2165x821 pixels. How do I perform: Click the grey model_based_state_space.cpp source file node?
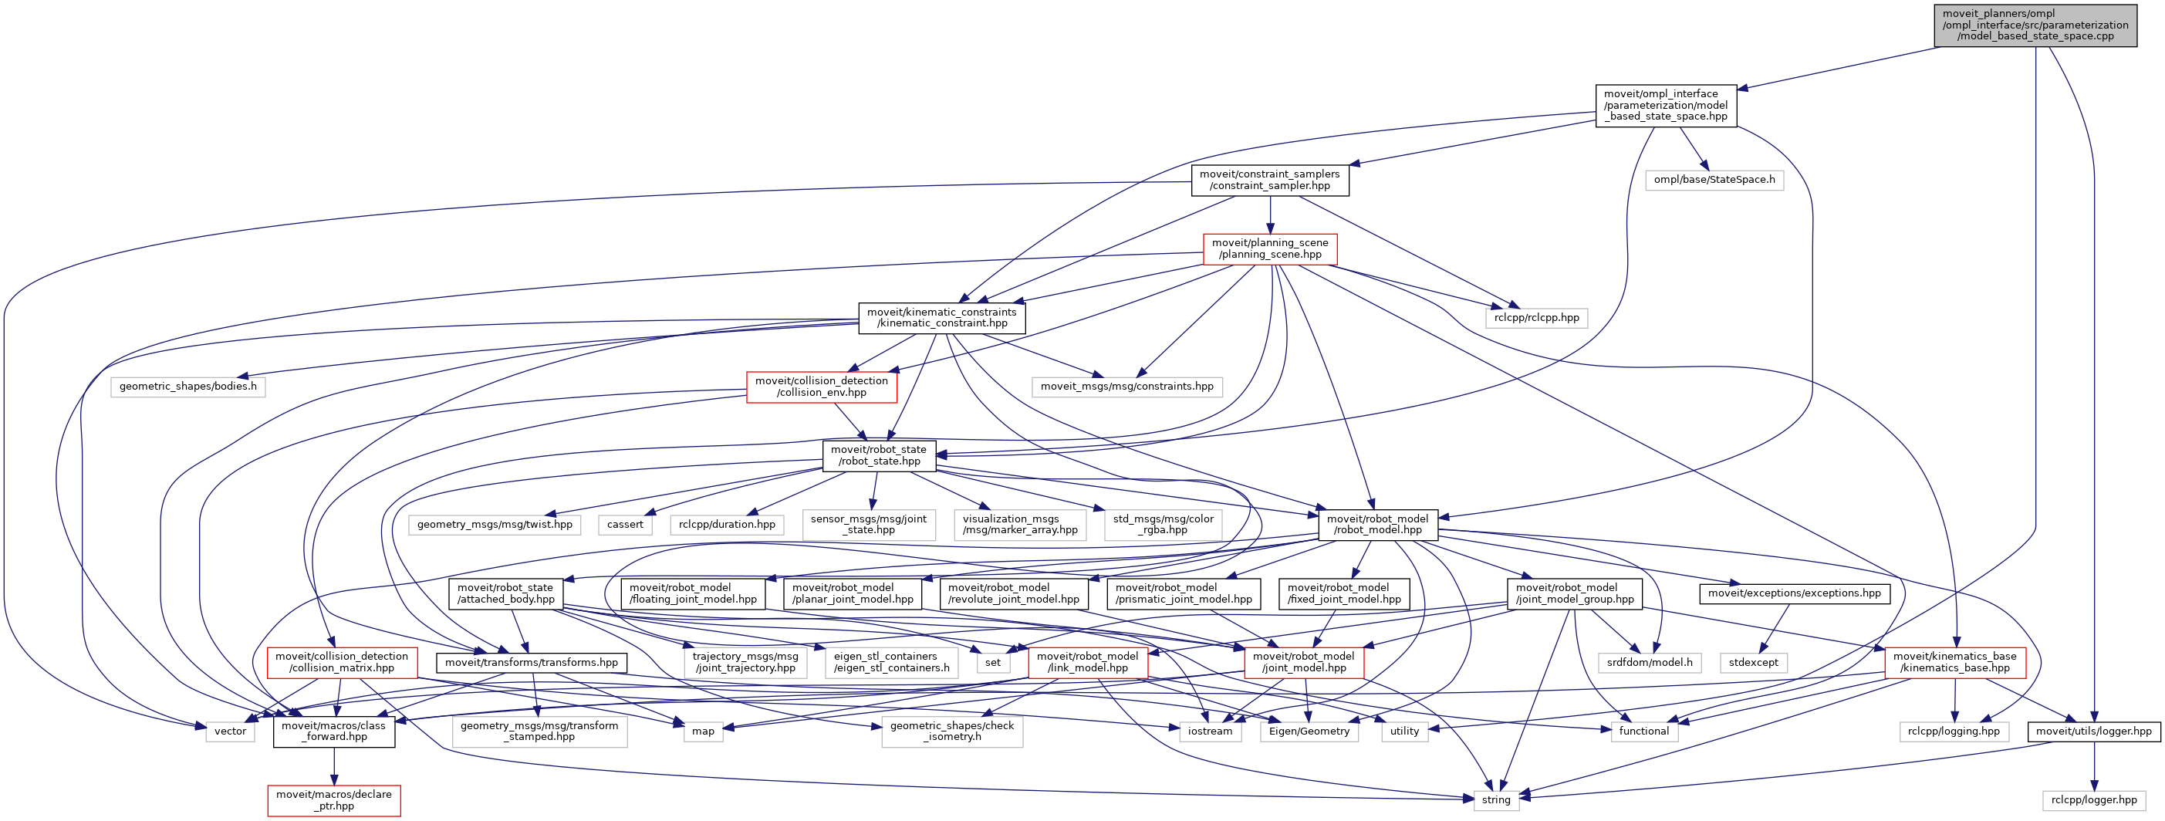[2035, 25]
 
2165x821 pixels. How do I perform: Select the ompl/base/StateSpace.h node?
[1714, 180]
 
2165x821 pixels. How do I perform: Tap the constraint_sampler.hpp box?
[1269, 180]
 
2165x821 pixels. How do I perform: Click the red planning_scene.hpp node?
[1269, 248]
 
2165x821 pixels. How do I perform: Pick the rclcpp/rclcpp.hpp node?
[1535, 318]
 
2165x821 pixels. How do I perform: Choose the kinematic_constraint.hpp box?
[941, 318]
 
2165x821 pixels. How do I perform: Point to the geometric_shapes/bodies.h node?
[187, 387]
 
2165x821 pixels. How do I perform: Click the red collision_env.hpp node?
[821, 387]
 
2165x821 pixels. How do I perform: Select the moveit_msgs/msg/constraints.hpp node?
[1126, 387]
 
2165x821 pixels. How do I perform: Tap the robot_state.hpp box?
[878, 455]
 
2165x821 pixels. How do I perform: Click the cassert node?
[624, 525]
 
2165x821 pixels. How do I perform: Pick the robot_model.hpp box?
[1377, 525]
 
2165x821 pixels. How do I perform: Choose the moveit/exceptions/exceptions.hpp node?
[1795, 593]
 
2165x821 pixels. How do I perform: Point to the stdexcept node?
[1753, 662]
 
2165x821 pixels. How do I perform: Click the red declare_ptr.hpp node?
[333, 800]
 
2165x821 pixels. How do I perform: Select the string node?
[1496, 800]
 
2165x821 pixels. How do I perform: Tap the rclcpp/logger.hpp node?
[2093, 800]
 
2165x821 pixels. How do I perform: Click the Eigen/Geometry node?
[1309, 731]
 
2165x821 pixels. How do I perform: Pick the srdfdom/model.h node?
[1650, 662]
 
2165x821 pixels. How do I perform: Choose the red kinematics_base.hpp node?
[1955, 662]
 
